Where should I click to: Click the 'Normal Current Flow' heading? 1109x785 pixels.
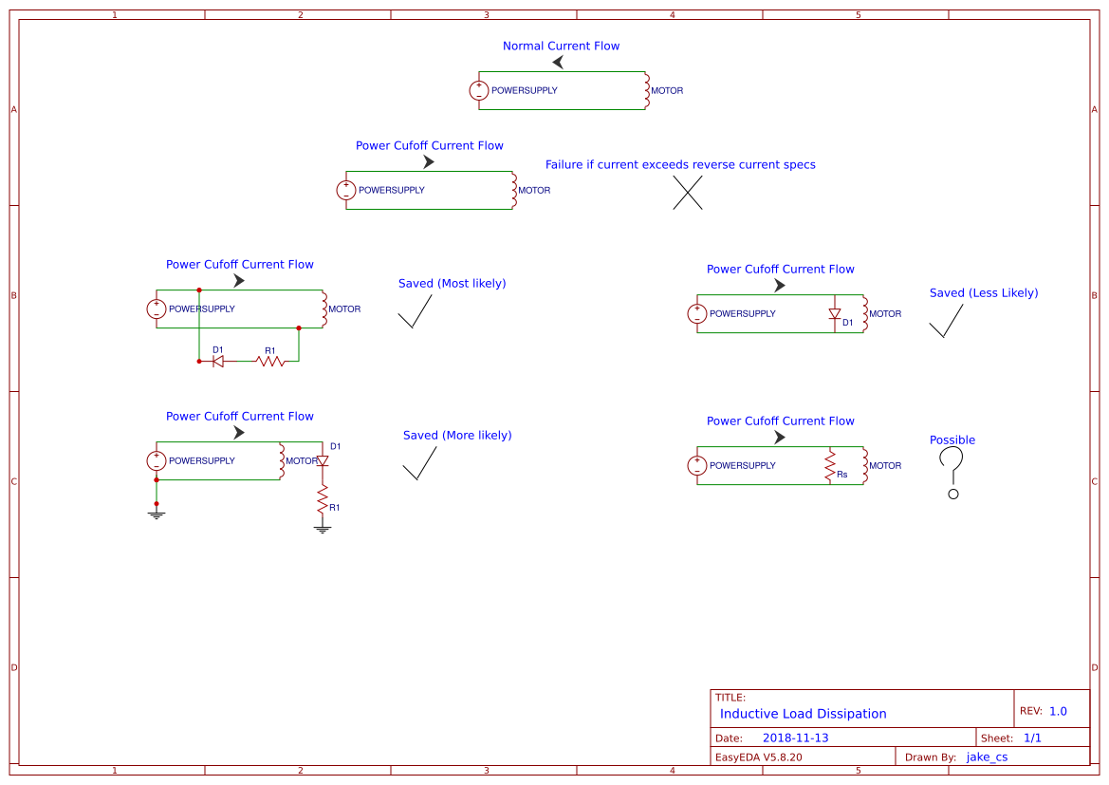pos(561,46)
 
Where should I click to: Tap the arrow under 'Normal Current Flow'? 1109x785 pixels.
pos(558,62)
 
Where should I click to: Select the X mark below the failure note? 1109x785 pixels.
pos(688,194)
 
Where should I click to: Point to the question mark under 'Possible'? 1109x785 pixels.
pos(952,472)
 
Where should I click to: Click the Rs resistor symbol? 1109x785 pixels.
pos(830,465)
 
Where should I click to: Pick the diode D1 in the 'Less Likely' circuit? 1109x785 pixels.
pos(835,313)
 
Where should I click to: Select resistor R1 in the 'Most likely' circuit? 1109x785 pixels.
pos(270,361)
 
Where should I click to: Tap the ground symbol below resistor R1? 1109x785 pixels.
pos(323,528)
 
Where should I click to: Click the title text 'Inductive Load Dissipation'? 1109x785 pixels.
pos(803,714)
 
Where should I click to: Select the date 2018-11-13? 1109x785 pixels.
pos(795,738)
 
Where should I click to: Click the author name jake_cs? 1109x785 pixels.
pos(987,757)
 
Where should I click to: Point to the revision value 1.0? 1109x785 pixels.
pos(1058,711)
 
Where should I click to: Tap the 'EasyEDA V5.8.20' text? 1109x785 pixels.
pos(758,757)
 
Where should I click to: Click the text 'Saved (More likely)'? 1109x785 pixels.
pos(457,436)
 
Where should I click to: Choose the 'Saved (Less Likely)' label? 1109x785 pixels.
pos(984,293)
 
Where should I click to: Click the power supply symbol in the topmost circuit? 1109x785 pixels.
pos(479,91)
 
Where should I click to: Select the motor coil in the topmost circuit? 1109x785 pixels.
pos(646,90)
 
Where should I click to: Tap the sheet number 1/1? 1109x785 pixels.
pos(1032,738)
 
